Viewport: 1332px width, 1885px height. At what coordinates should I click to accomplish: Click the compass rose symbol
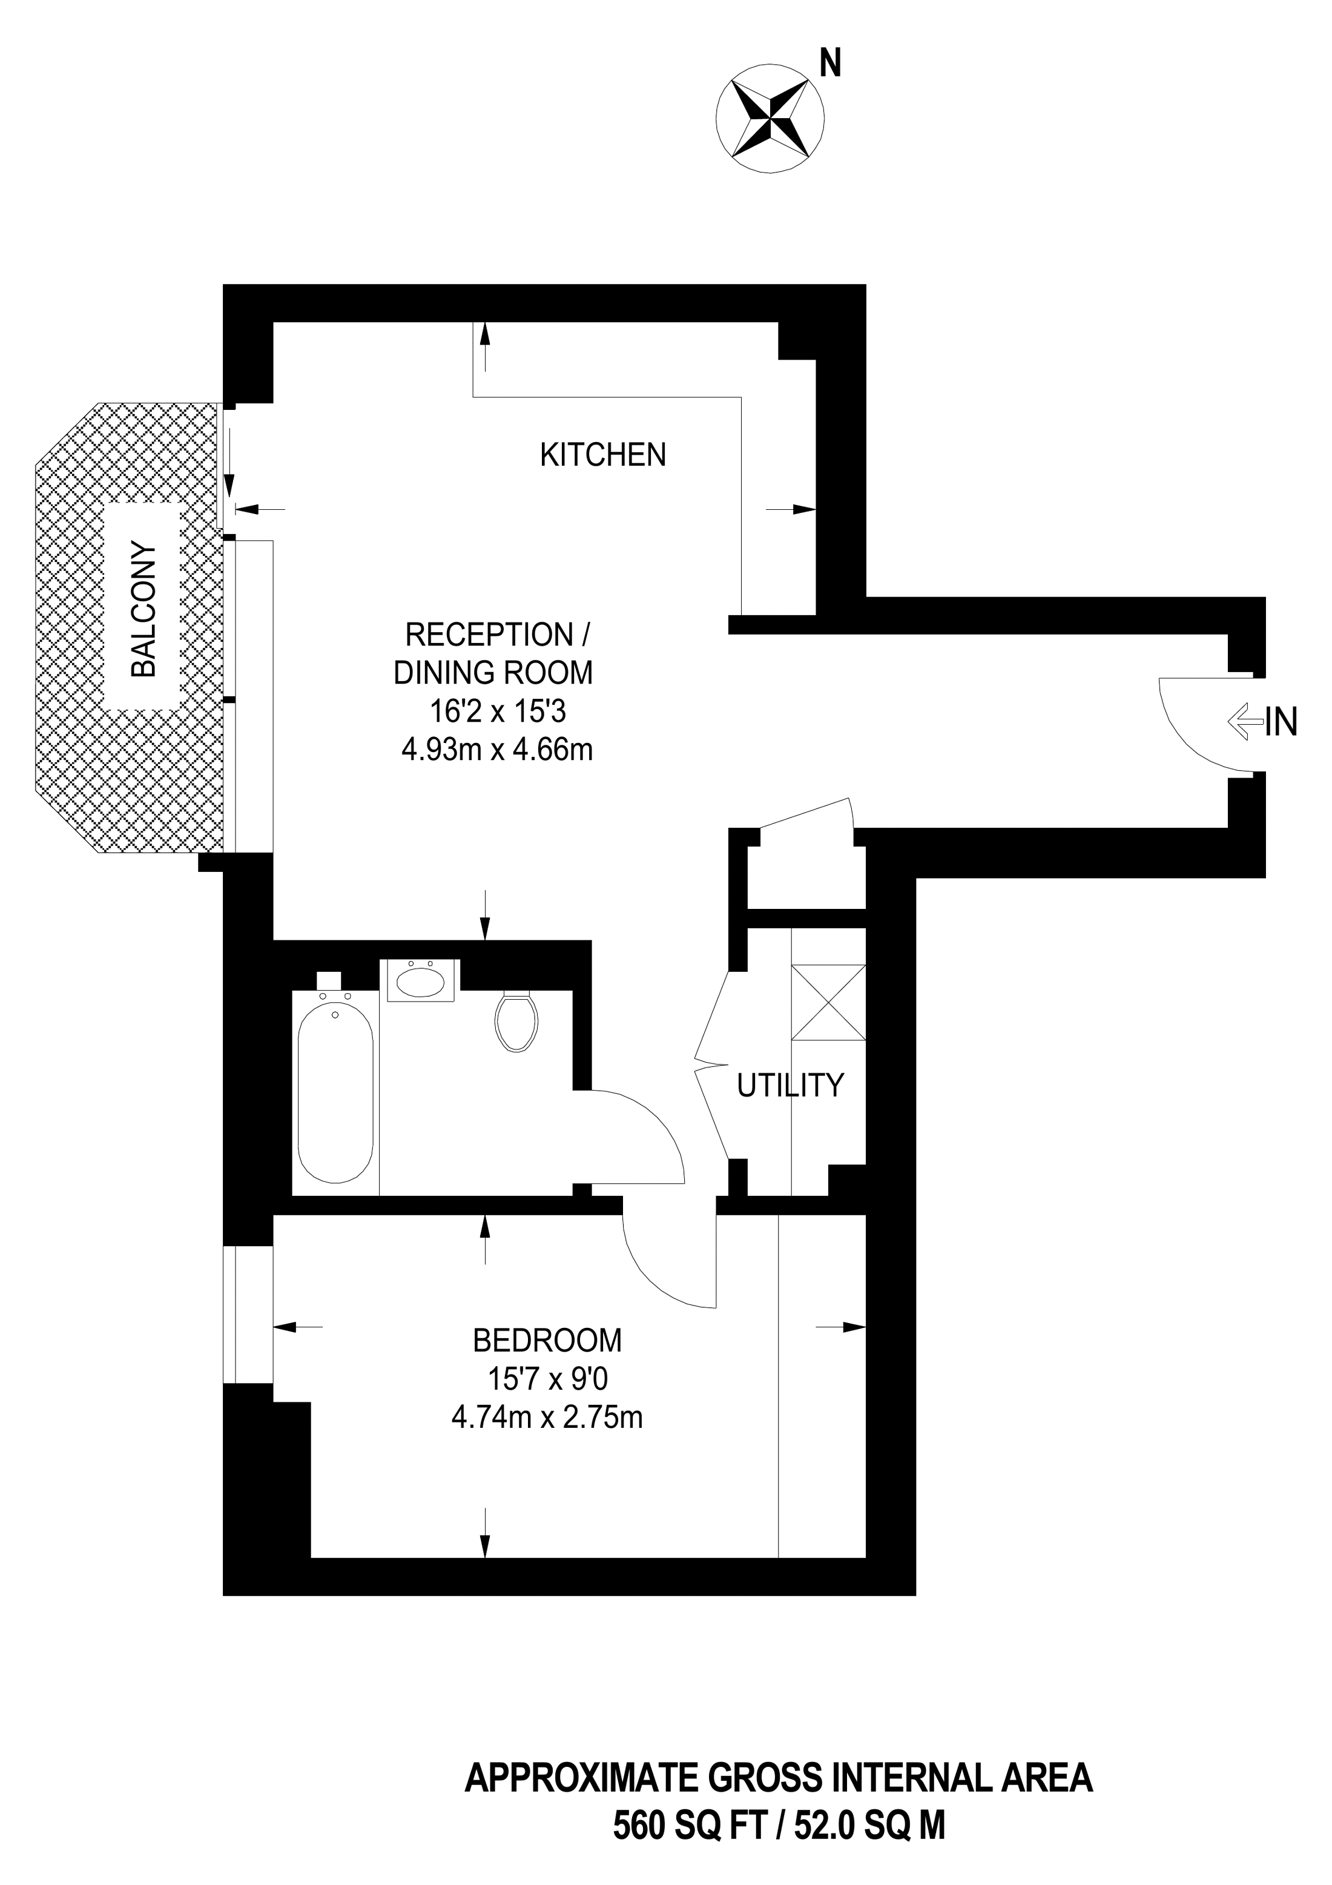(x=770, y=120)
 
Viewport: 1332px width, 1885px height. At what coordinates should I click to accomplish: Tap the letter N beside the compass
(x=831, y=62)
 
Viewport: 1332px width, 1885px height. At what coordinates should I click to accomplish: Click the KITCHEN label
(x=602, y=454)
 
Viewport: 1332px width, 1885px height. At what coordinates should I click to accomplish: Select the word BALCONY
(x=143, y=609)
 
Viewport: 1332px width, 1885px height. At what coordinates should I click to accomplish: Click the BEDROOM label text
(x=547, y=1340)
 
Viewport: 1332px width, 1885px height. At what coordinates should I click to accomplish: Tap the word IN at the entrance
(x=1281, y=722)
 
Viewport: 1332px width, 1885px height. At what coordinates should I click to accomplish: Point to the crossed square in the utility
(x=828, y=1002)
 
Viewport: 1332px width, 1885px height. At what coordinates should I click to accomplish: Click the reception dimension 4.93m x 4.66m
(x=496, y=750)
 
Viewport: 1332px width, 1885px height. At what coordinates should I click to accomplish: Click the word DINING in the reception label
(x=439, y=672)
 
